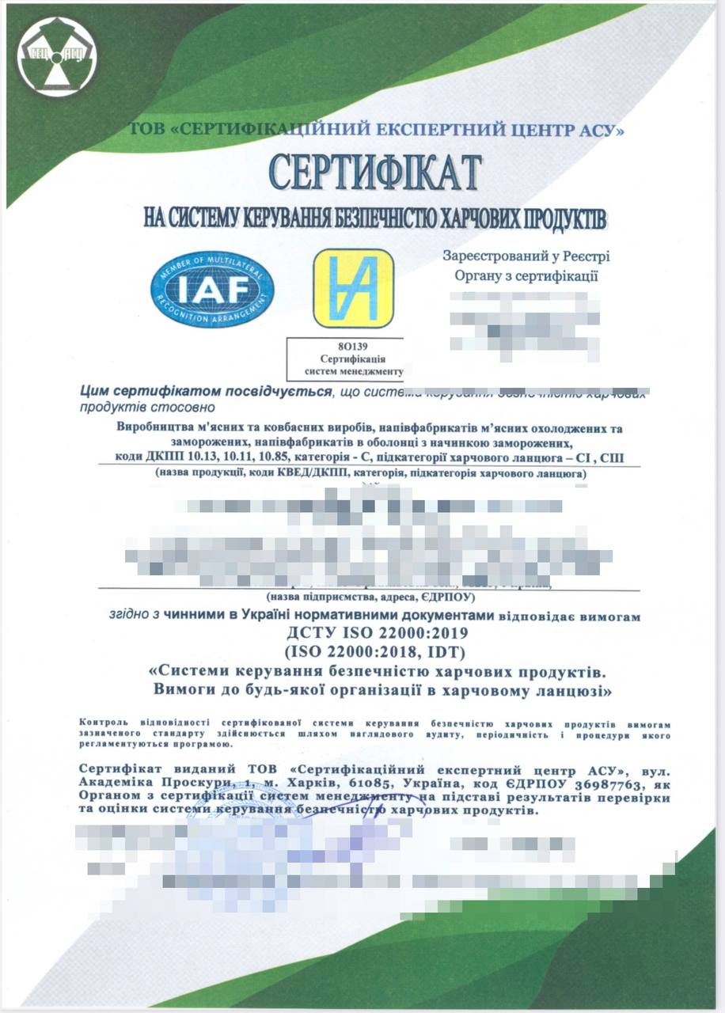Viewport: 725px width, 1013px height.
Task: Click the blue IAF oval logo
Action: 213,289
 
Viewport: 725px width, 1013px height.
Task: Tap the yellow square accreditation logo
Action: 353,289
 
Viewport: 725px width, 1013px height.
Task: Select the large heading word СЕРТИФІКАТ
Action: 375,171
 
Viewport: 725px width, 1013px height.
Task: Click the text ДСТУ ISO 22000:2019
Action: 376,633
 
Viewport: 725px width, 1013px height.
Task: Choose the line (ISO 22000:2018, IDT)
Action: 376,652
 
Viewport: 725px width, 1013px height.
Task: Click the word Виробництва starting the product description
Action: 155,429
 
